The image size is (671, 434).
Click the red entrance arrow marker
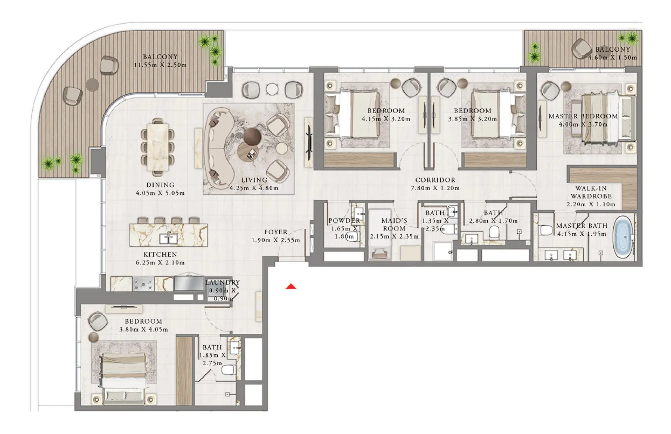pos(291,286)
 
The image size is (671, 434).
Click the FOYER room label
pos(276,232)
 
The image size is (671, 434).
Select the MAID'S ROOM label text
pos(394,224)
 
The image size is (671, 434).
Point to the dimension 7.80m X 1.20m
pos(435,188)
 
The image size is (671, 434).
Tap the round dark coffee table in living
pos(252,137)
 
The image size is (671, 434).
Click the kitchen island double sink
pos(169,238)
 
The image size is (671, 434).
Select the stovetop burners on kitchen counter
pos(143,284)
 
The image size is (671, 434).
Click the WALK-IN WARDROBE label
pos(591,192)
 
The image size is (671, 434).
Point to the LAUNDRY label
pos(222,282)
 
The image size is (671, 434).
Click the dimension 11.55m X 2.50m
pos(160,65)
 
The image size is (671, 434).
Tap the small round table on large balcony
pos(92,84)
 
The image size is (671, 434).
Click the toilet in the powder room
pos(351,237)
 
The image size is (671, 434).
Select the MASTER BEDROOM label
pos(583,116)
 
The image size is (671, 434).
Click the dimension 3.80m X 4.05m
pos(143,329)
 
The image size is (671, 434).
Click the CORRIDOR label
pos(435,180)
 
